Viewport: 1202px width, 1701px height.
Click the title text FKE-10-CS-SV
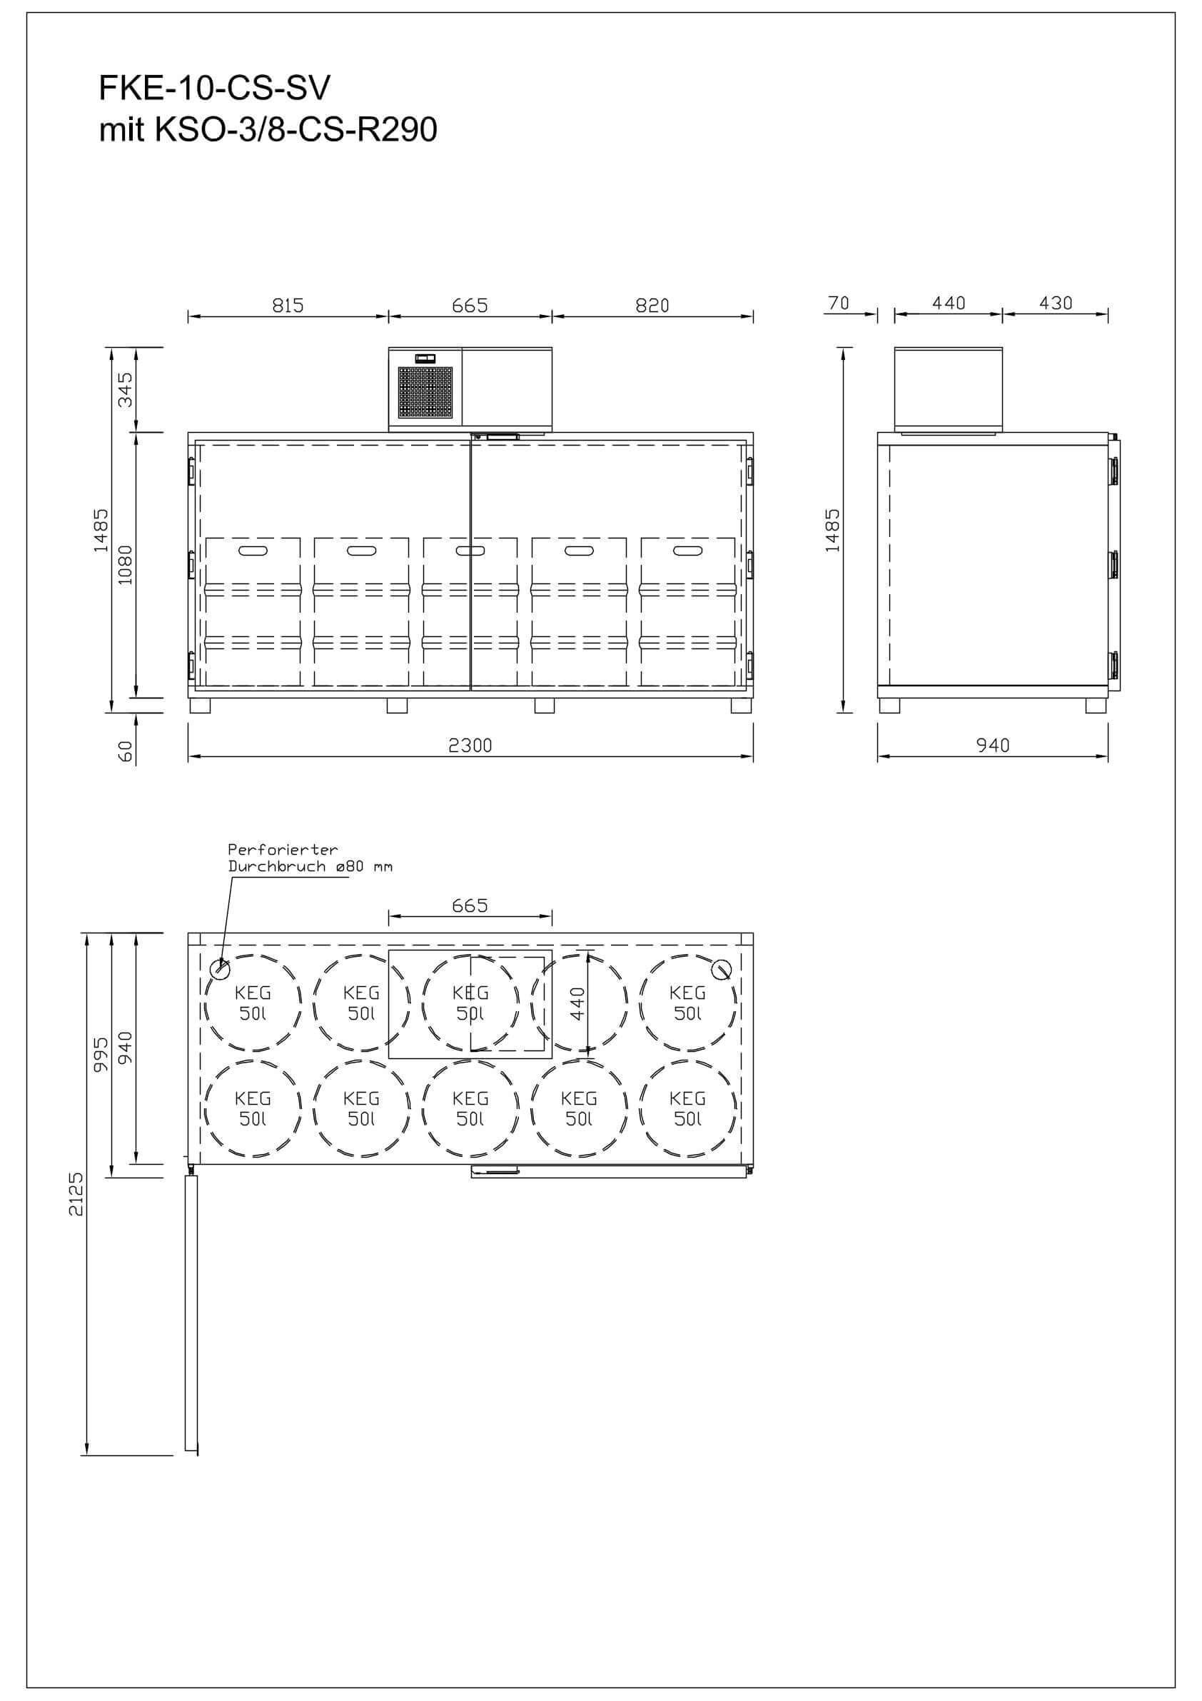tap(214, 89)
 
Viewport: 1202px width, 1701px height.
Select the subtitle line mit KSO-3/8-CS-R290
tap(268, 130)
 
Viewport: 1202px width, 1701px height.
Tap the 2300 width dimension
tap(470, 745)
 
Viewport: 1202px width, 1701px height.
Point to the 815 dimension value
tap(288, 305)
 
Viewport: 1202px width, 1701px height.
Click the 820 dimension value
tap(652, 305)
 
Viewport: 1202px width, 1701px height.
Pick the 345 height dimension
tap(126, 390)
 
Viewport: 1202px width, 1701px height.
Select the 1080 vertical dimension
tap(126, 565)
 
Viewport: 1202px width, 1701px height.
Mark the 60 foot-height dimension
tap(126, 751)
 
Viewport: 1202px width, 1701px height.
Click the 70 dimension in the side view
tap(839, 303)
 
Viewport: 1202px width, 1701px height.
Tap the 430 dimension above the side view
tap(1056, 303)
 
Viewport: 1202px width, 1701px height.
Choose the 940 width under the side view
tap(992, 745)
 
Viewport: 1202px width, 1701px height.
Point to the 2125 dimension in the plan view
tap(76, 1193)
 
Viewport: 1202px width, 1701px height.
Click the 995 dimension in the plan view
tap(101, 1054)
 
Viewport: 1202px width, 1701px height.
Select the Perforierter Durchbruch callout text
tap(310, 858)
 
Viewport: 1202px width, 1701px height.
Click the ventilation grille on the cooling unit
tap(425, 391)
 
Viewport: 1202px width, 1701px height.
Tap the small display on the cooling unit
tap(425, 358)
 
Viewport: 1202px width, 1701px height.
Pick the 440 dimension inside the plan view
tap(577, 1003)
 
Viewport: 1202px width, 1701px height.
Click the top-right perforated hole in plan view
tap(722, 968)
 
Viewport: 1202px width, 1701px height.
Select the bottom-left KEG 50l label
tap(253, 1108)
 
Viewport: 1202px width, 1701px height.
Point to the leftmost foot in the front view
tap(200, 706)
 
